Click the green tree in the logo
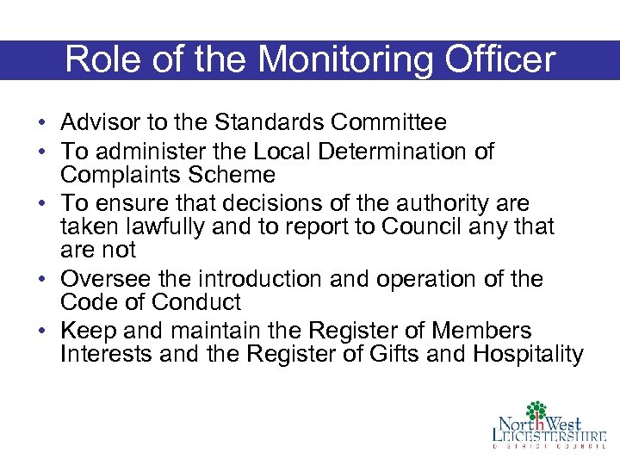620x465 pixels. [537, 411]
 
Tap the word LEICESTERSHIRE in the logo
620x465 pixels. [549, 436]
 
